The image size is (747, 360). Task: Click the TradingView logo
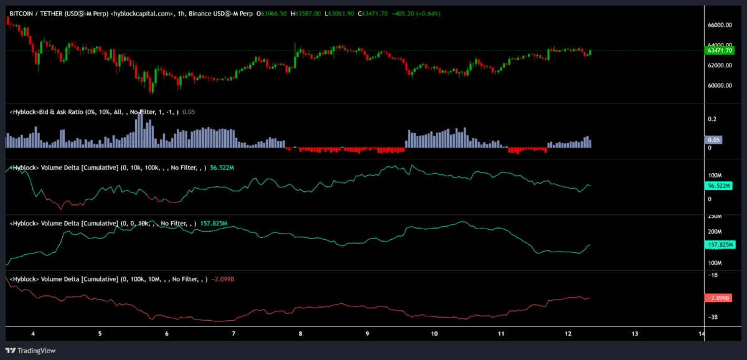(31, 351)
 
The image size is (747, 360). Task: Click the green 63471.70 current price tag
(720, 50)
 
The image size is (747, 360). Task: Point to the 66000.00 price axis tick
(720, 25)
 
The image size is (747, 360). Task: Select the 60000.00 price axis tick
(720, 85)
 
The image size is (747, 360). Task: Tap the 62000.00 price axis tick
(720, 65)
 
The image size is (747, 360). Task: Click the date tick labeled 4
(33, 334)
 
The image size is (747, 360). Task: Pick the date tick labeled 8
(301, 334)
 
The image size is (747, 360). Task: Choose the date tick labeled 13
(635, 334)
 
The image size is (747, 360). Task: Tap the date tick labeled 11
(501, 334)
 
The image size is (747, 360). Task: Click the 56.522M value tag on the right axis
(718, 186)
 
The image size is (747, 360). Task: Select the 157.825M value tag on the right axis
(720, 245)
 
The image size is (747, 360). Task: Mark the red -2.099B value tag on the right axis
(718, 298)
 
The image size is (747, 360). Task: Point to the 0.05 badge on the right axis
(713, 140)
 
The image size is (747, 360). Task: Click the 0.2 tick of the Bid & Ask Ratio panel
(712, 119)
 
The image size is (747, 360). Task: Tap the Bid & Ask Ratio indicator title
(94, 112)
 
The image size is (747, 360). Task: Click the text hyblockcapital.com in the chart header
(142, 14)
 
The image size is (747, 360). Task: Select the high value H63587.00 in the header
(306, 14)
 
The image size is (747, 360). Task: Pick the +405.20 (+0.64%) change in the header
(416, 14)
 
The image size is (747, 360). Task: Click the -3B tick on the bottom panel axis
(712, 317)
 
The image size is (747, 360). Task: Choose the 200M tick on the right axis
(715, 232)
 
